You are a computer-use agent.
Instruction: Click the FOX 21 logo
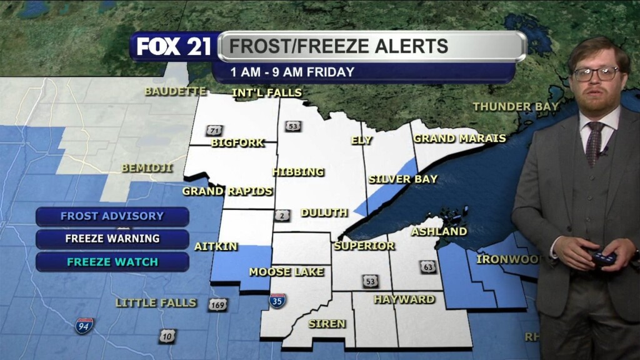[x=174, y=47]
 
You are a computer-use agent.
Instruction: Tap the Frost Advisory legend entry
[x=112, y=216]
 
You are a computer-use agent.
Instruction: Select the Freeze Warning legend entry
[x=112, y=239]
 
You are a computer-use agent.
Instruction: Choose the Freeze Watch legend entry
[x=112, y=262]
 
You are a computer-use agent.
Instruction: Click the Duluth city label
[x=324, y=212]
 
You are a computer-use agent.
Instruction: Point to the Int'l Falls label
[x=266, y=93]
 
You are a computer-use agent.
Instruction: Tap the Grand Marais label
[x=459, y=138]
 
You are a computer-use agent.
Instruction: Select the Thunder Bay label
[x=516, y=107]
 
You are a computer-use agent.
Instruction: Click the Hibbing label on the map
[x=298, y=172]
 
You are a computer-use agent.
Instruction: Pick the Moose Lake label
[x=286, y=272]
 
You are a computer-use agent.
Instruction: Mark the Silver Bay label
[x=402, y=179]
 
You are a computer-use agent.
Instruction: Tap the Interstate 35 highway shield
[x=277, y=301]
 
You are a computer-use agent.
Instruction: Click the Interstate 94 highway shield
[x=84, y=325]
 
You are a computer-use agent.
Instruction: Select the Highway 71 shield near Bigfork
[x=214, y=131]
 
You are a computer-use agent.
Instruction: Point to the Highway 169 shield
[x=217, y=305]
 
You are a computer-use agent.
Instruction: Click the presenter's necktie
[x=594, y=143]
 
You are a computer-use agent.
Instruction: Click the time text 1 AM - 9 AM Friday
[x=292, y=72]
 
